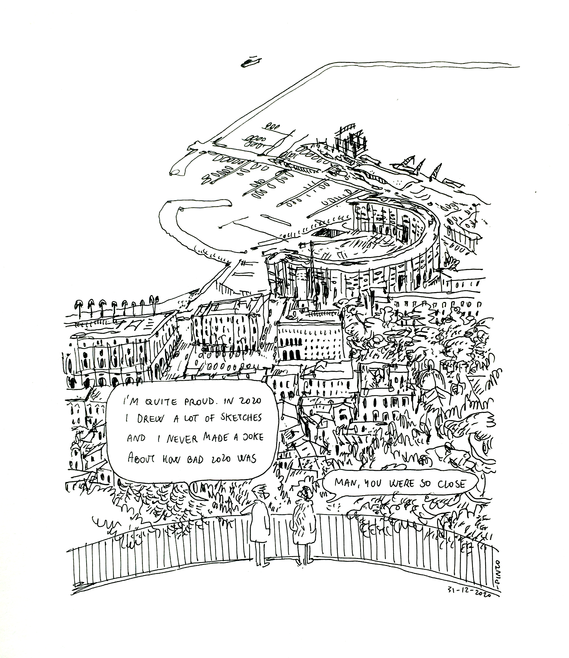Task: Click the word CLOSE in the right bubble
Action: (x=452, y=493)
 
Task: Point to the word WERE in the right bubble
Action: (x=402, y=492)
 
